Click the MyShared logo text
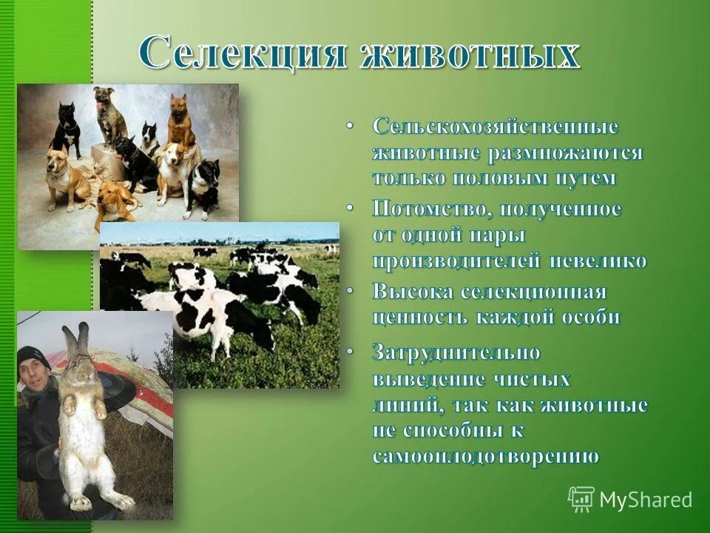coord(646,500)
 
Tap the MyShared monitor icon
coord(581,499)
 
